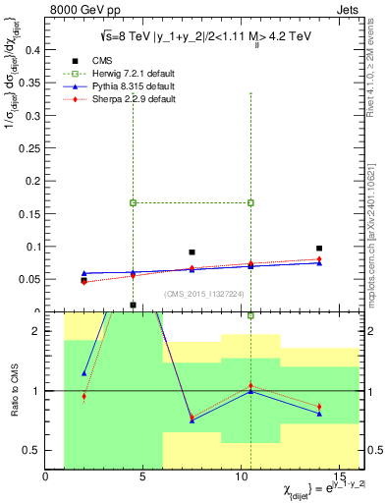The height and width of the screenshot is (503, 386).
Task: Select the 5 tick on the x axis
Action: click(x=143, y=476)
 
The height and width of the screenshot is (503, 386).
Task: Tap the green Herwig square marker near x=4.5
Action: click(x=133, y=202)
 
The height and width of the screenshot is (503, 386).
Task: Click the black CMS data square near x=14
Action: click(x=319, y=249)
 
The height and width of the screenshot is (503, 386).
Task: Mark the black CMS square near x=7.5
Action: click(x=192, y=252)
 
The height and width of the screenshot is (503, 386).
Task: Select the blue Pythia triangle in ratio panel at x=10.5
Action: click(x=250, y=391)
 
